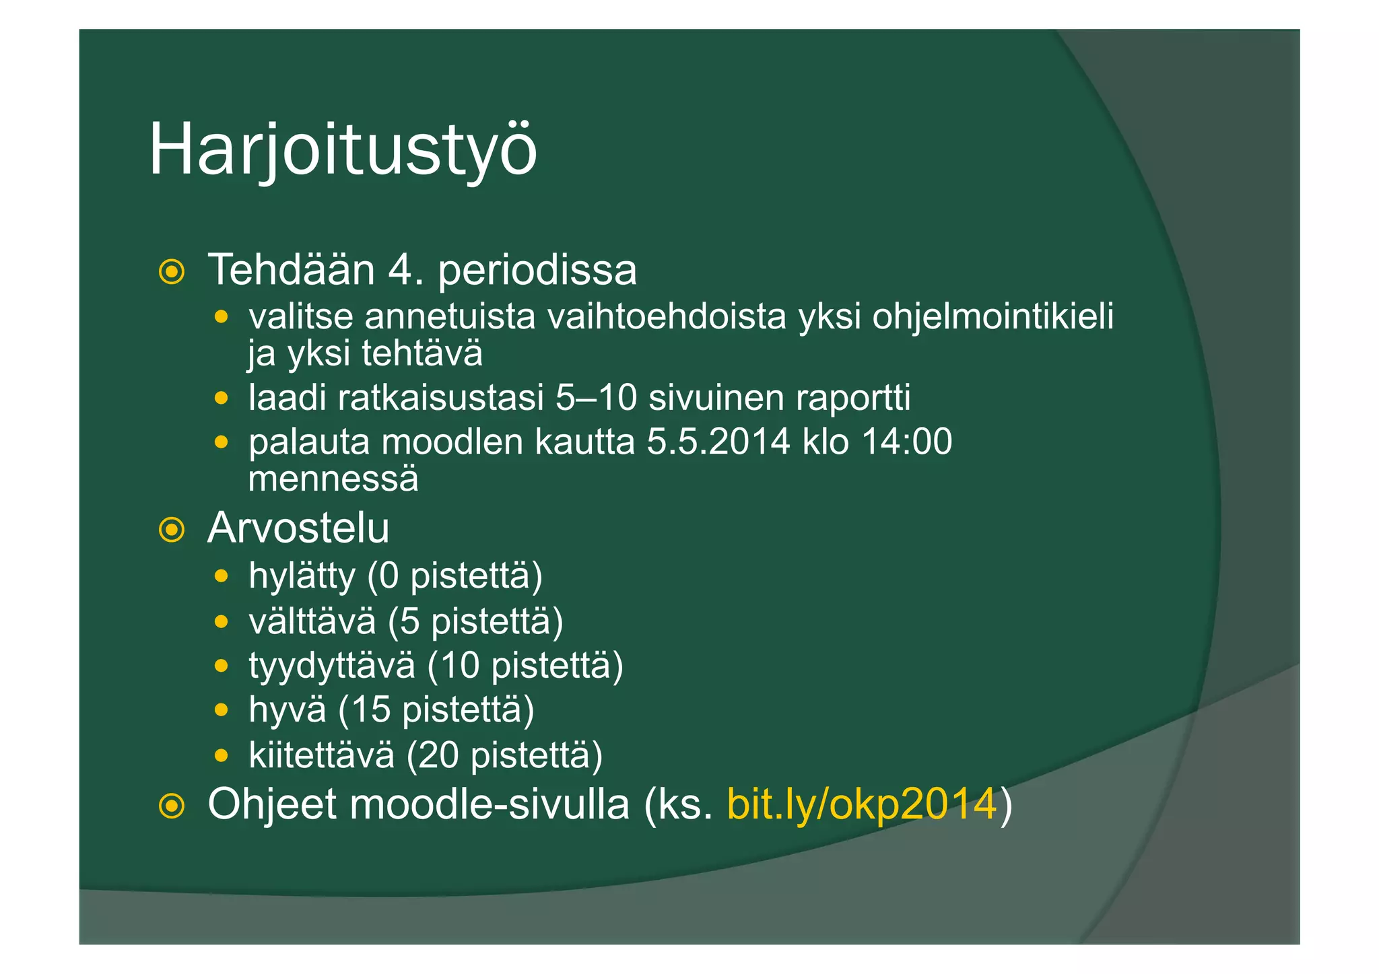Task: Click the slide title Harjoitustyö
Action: pos(343,149)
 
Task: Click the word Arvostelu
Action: pos(298,528)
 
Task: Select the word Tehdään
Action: pos(291,270)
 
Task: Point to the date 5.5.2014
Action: pos(718,442)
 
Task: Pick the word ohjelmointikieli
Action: pos(993,316)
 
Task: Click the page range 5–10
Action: pos(596,398)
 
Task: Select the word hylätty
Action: pos(302,577)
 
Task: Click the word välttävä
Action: pos(312,621)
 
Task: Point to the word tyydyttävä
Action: pos(332,666)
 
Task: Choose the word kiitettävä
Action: pos(321,755)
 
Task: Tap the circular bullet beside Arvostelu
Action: pos(172,530)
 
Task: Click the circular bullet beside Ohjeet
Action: pos(172,806)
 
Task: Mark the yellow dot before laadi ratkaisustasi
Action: pos(221,398)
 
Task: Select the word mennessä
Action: pos(333,479)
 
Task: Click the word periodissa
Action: pos(537,270)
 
